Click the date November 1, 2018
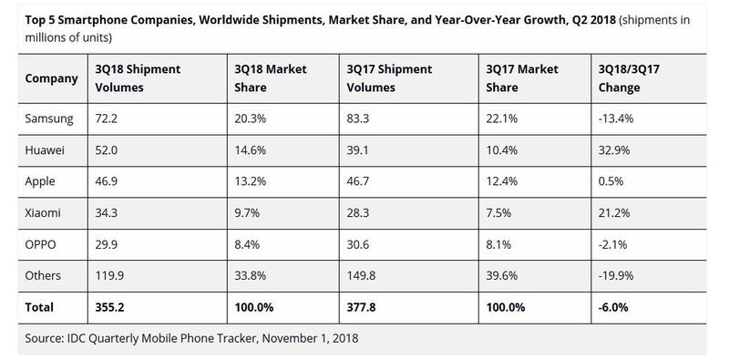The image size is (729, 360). [311, 338]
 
